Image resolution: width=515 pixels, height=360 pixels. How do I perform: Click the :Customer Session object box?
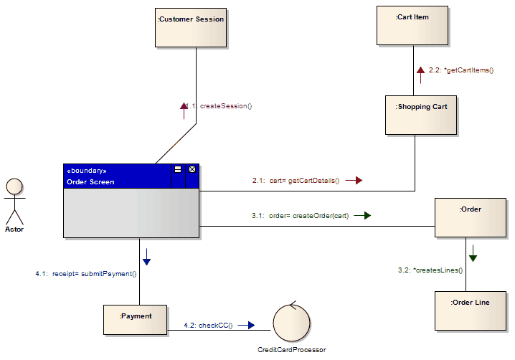tap(191, 27)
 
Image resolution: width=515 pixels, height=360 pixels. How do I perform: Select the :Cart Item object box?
tap(412, 25)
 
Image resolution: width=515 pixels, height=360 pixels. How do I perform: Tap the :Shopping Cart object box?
tap(421, 115)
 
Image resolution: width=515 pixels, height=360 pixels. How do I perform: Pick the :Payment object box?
tap(136, 320)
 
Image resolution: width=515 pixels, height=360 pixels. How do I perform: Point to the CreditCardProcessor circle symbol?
tap(291, 323)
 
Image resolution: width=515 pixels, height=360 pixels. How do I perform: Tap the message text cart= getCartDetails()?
tap(304, 181)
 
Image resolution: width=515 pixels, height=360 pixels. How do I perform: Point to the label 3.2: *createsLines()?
tap(430, 270)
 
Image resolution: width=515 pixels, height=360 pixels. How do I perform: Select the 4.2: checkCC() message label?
tap(208, 325)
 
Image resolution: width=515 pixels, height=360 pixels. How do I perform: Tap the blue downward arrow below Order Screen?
tap(146, 256)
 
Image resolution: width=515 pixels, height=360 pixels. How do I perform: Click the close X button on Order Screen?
tap(192, 170)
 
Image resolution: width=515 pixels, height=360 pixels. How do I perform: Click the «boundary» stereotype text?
tap(86, 171)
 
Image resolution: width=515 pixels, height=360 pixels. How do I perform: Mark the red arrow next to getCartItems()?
tap(420, 70)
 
